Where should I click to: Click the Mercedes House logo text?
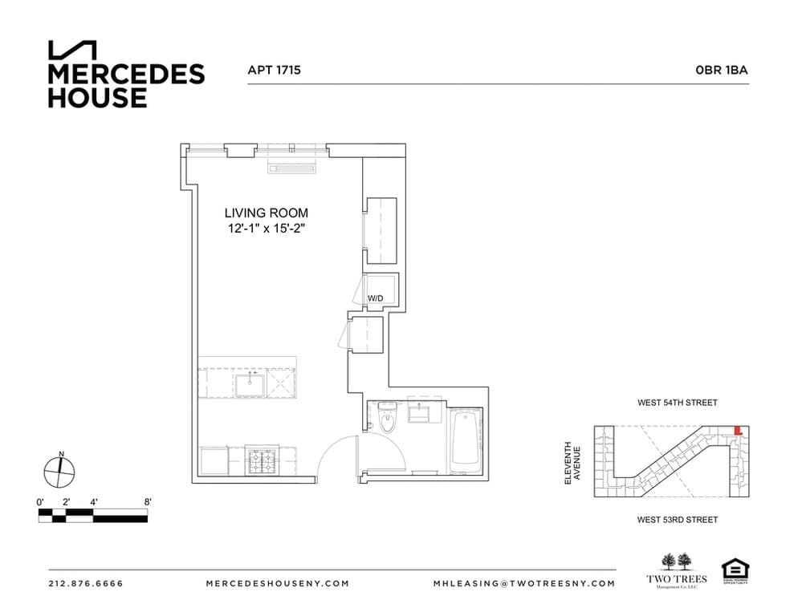click(x=125, y=86)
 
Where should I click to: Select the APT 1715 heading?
click(x=274, y=70)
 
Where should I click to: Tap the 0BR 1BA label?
click(x=722, y=70)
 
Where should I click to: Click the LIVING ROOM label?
click(x=266, y=213)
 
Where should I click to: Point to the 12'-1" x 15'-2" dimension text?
click(x=266, y=229)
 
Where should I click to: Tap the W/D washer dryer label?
click(x=376, y=298)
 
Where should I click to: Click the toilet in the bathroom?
click(x=389, y=419)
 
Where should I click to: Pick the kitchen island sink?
click(x=250, y=383)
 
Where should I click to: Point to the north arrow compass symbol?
click(x=60, y=472)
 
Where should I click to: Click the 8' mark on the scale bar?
click(x=148, y=502)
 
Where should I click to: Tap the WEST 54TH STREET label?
click(x=677, y=403)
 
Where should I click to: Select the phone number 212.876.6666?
click(x=86, y=583)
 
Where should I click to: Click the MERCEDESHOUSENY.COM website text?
click(x=277, y=583)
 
